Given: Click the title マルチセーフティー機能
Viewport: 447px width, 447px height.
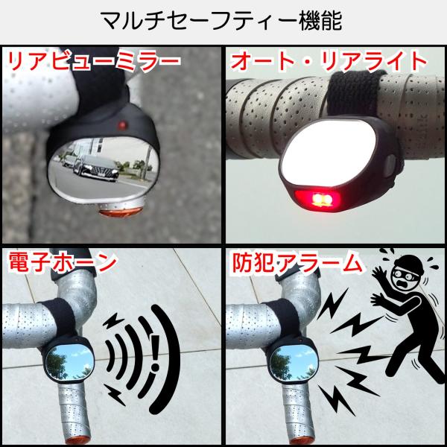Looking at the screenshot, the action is pyautogui.click(x=221, y=21).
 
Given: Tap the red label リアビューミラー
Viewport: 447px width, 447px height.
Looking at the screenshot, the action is pyautogui.click(x=94, y=61).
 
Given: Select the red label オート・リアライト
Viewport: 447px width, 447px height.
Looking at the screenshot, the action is pyautogui.click(x=329, y=61).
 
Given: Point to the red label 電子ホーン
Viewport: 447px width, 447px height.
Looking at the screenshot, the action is pyautogui.click(x=63, y=262).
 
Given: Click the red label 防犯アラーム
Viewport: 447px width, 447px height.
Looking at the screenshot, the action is pyautogui.click(x=297, y=262).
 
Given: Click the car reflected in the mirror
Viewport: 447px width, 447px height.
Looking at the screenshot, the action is pyautogui.click(x=96, y=168).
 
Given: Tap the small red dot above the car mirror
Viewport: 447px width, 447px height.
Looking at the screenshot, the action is pyautogui.click(x=122, y=125).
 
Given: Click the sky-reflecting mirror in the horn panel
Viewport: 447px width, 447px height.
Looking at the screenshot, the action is pyautogui.click(x=70, y=362).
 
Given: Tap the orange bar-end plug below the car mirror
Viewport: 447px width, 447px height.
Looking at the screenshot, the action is pyautogui.click(x=121, y=212).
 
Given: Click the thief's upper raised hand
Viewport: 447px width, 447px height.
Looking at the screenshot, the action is pyautogui.click(x=379, y=274).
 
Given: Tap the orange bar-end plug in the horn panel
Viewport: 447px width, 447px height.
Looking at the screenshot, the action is pyautogui.click(x=77, y=440).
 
